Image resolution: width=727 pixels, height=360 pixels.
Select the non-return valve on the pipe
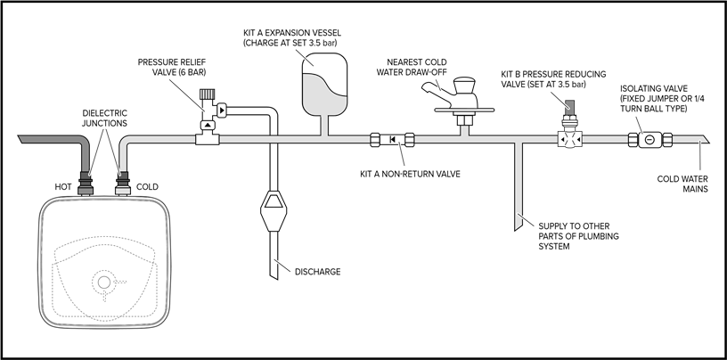[392, 139]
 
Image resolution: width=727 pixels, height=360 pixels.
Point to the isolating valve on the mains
[650, 139]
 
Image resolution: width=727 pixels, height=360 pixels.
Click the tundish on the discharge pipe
[275, 211]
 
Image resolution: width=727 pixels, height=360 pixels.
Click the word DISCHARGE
[317, 271]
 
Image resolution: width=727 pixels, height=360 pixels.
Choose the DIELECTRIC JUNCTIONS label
[104, 119]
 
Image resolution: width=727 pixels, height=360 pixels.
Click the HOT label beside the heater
[62, 187]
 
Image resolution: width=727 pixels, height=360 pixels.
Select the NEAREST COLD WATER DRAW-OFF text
[424, 67]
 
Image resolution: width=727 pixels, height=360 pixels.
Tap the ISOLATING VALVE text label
[658, 93]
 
